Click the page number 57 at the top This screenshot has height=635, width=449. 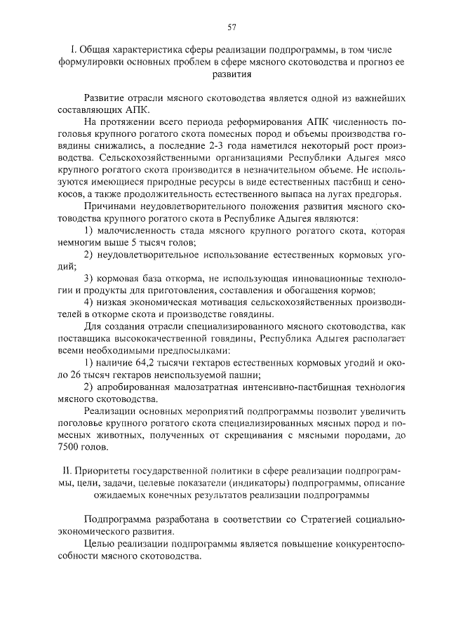tap(232, 27)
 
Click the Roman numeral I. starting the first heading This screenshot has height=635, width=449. tap(74, 51)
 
